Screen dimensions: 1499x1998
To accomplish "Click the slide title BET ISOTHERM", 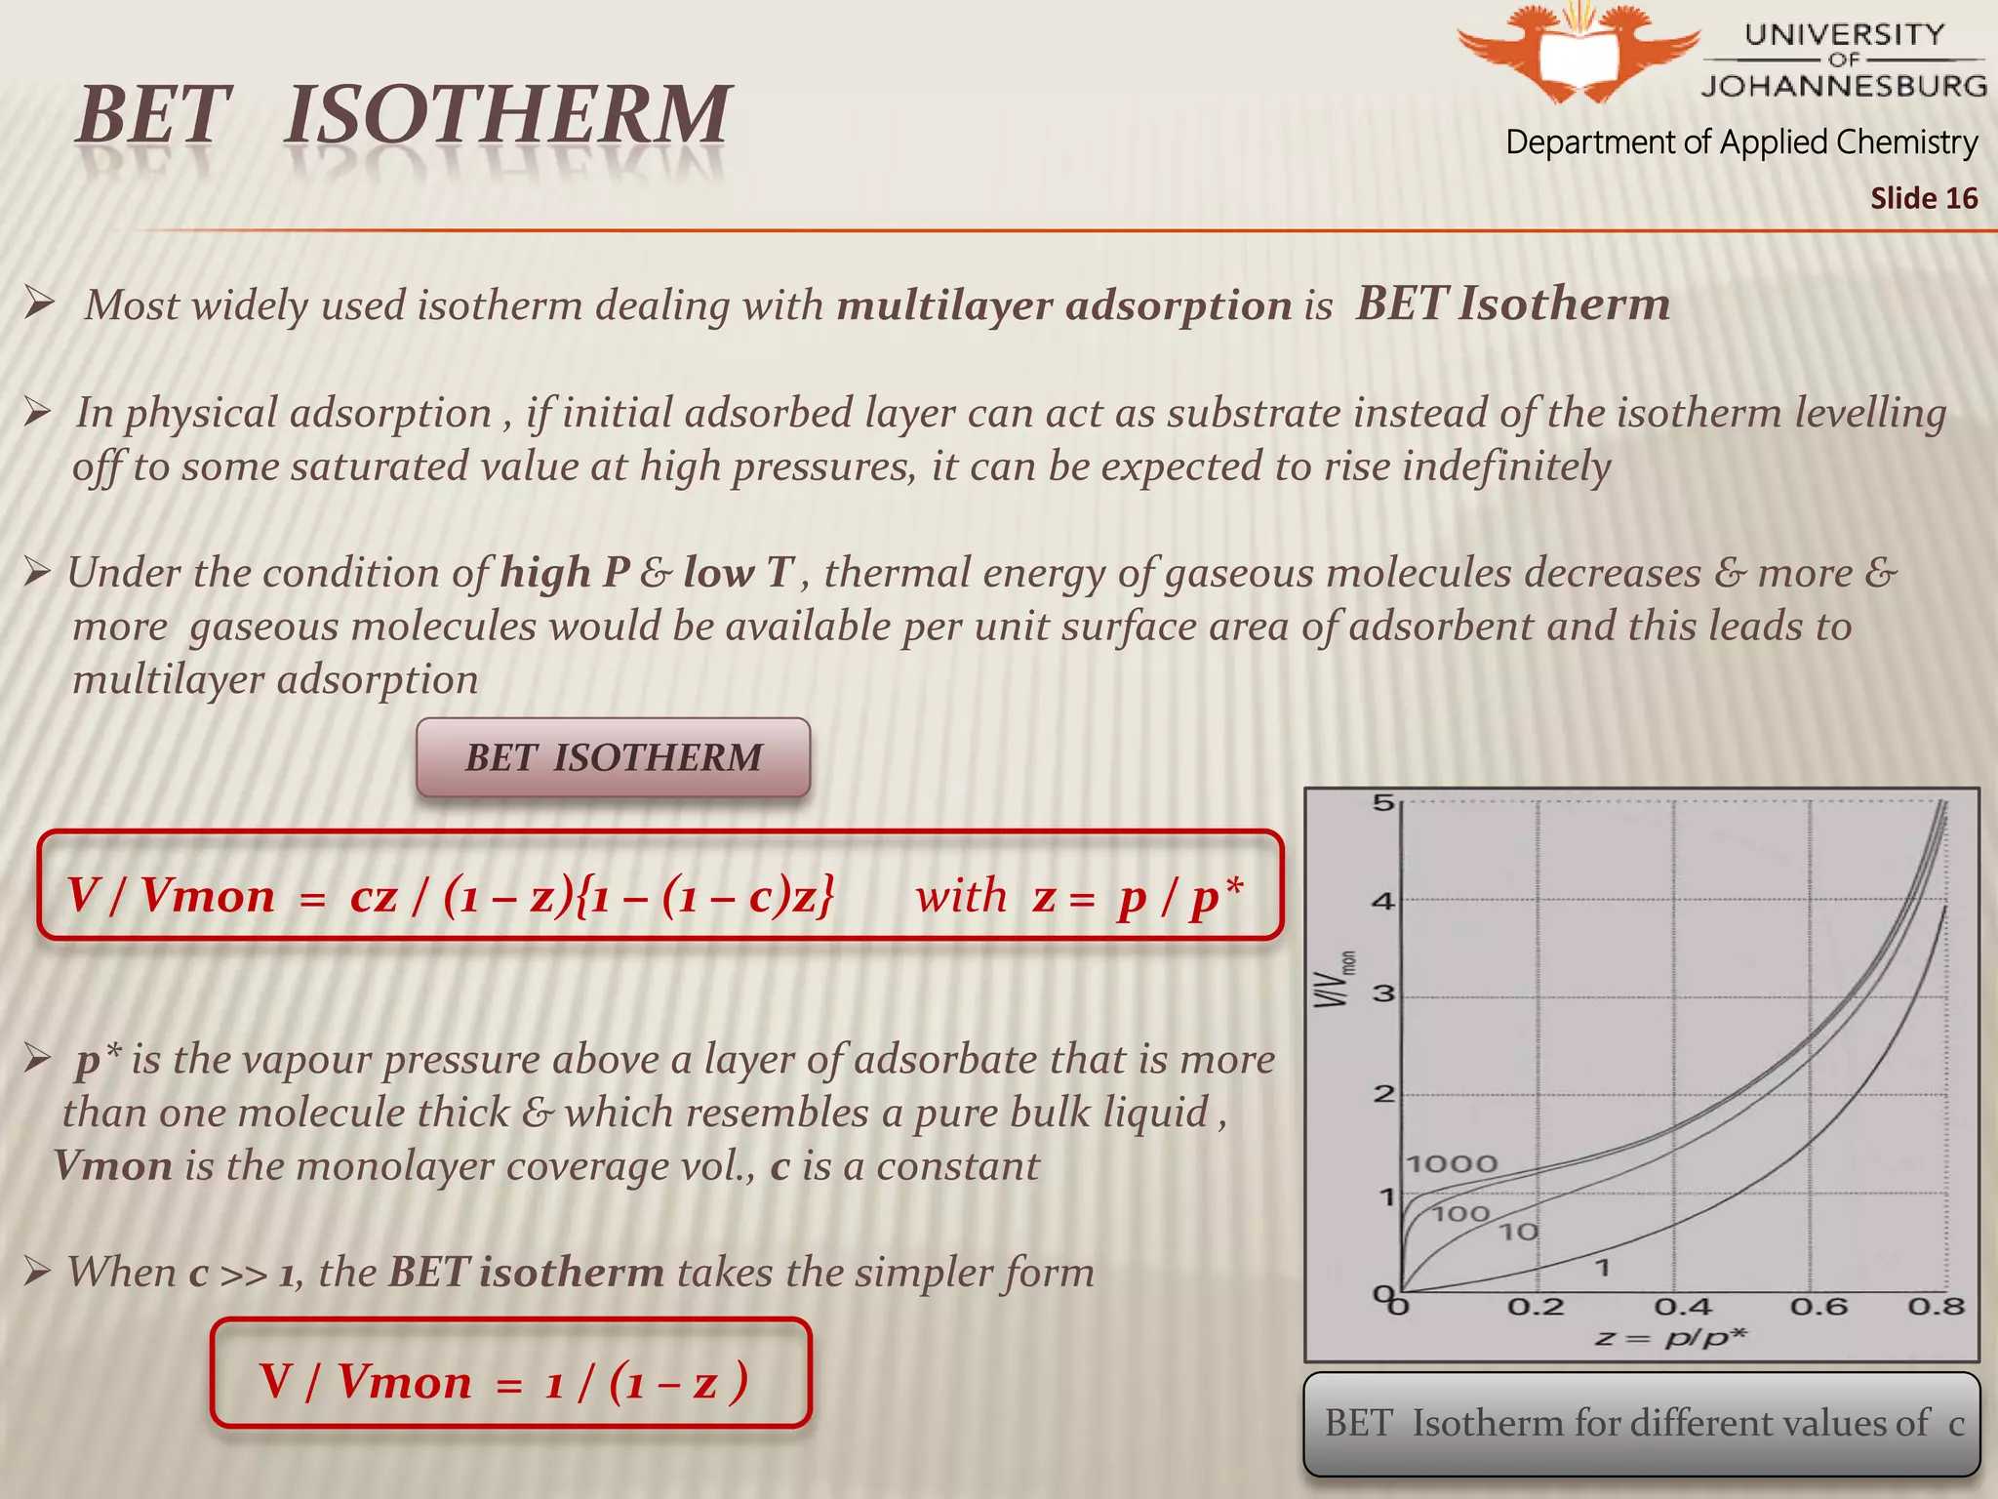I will click(x=403, y=115).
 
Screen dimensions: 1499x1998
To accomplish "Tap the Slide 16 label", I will click(x=1923, y=198).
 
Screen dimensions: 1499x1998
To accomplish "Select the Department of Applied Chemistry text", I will click(x=1741, y=142).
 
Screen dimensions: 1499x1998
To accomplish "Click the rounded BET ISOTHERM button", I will click(x=613, y=758).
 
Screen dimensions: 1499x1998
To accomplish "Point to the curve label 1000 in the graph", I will click(x=1452, y=1163).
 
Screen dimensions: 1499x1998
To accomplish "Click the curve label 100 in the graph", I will click(x=1460, y=1213).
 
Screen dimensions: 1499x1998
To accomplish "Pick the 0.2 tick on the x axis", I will click(x=1536, y=1307).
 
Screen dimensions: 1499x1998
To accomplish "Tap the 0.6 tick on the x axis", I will click(x=1818, y=1307).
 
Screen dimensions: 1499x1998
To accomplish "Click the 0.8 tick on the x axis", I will click(x=1936, y=1307).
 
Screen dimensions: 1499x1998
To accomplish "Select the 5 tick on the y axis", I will click(x=1382, y=803).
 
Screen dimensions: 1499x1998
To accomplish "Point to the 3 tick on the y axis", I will click(x=1382, y=994).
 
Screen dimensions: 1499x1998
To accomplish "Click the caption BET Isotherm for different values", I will click(x=1643, y=1424).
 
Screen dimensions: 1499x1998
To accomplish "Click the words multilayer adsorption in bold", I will click(x=1063, y=306).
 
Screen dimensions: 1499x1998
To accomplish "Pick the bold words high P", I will click(x=564, y=573).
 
